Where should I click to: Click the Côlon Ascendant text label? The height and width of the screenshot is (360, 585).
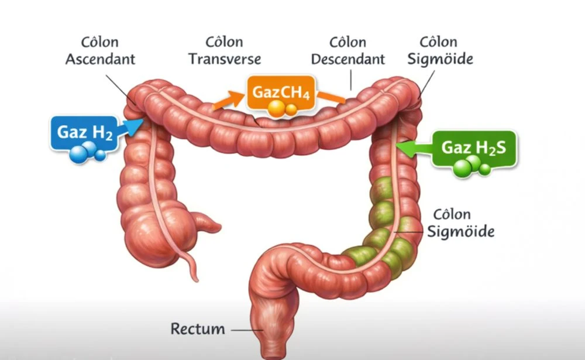point(100,51)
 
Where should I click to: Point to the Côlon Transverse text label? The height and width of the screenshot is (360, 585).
point(225,51)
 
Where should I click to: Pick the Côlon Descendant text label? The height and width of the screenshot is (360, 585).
point(347,51)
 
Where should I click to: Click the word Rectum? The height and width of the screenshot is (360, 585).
point(197,328)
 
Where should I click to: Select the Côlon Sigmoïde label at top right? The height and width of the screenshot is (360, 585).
point(446,51)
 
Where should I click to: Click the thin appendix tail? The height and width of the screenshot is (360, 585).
point(190,263)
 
